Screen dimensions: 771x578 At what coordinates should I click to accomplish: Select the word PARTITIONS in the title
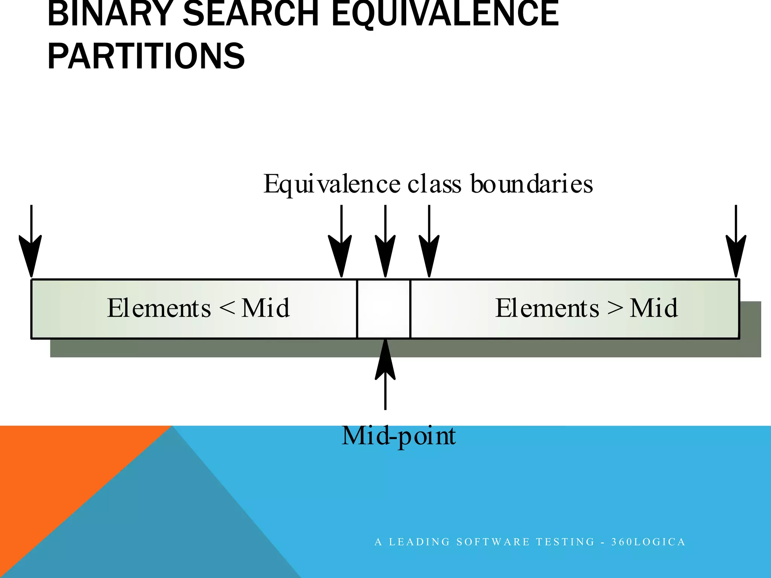pos(146,56)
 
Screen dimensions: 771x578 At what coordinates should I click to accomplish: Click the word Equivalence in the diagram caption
pos(332,184)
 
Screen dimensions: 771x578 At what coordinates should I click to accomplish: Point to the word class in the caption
pos(434,184)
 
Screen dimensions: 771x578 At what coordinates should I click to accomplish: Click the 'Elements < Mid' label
pos(198,308)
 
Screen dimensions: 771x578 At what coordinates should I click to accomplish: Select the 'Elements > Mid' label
pos(586,308)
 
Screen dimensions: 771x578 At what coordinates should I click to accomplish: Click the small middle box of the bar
pos(383,309)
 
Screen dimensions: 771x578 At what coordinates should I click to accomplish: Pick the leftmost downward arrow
pos(31,245)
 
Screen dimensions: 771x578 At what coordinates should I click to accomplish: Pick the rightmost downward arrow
pos(736,245)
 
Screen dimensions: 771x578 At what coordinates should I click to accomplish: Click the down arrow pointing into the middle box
pos(385,245)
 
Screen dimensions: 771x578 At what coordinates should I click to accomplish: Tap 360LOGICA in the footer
pos(648,542)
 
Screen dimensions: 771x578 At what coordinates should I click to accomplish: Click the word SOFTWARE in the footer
pos(493,542)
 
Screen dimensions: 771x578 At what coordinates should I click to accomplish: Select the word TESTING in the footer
pos(565,542)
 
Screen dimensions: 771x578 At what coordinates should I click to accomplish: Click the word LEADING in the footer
pos(419,542)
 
